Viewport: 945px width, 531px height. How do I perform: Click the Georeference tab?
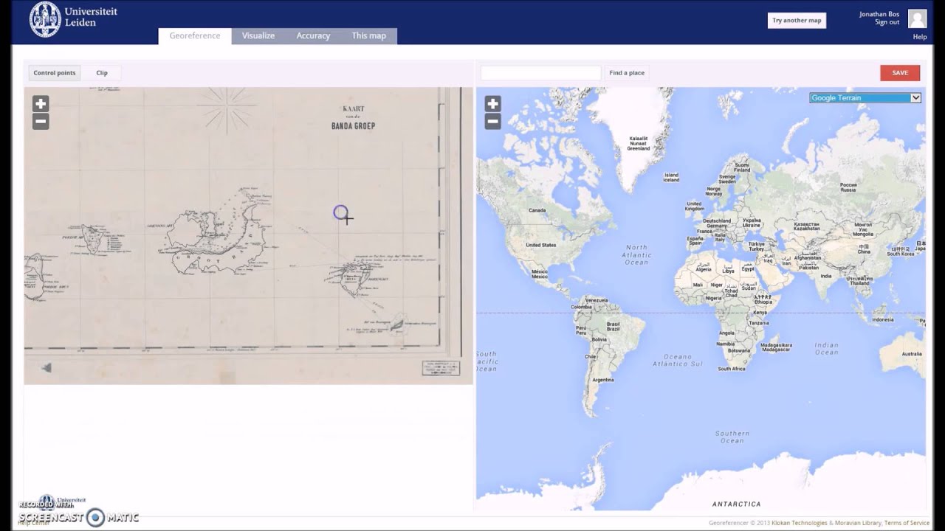(195, 35)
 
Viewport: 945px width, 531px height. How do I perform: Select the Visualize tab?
(258, 35)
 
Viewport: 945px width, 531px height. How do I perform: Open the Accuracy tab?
(313, 35)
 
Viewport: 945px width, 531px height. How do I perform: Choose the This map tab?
(368, 35)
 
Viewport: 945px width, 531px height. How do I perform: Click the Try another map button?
(797, 21)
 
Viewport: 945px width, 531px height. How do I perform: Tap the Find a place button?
(627, 73)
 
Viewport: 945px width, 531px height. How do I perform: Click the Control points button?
(55, 73)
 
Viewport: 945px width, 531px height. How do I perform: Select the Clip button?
(102, 73)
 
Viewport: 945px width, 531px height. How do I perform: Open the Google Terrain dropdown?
(865, 97)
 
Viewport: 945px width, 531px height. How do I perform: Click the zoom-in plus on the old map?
(41, 104)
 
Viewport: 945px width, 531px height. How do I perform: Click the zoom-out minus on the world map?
(492, 122)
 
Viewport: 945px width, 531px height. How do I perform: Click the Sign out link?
(887, 22)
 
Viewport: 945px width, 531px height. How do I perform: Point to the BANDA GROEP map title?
(353, 125)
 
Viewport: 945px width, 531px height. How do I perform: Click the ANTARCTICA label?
(736, 504)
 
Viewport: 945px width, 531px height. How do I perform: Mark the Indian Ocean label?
(826, 348)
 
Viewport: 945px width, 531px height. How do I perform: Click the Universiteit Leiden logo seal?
(45, 19)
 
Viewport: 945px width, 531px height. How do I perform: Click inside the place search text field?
(540, 73)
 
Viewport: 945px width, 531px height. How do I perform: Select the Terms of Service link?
(907, 523)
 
